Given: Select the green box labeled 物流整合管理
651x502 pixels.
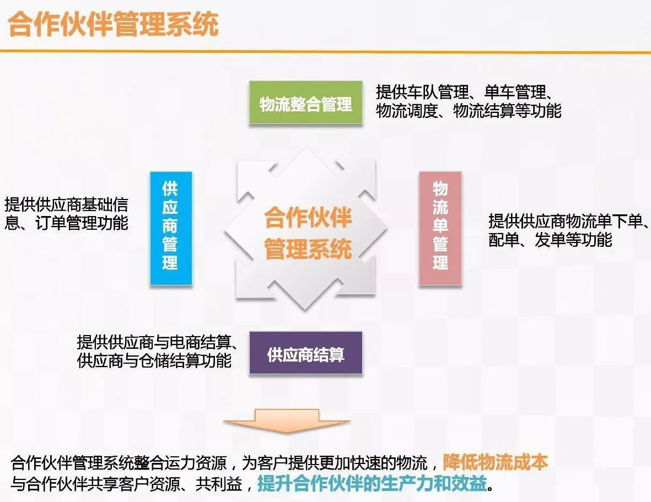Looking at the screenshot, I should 305,104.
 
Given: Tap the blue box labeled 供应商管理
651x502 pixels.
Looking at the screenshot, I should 171,228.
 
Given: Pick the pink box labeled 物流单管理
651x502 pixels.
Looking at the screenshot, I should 440,228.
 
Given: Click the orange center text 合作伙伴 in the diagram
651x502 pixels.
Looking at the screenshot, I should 308,218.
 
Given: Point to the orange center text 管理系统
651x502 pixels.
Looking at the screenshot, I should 308,249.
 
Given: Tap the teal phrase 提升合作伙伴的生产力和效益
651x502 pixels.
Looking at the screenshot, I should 372,484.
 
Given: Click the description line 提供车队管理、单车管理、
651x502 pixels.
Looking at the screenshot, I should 465,91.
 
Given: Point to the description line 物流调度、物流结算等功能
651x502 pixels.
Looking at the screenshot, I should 469,111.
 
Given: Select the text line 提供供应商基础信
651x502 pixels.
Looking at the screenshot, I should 66,205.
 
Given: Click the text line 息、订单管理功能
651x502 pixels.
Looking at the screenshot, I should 66,223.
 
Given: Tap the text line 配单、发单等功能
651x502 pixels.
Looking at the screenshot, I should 550,240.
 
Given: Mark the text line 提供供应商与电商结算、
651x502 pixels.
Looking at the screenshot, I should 158,342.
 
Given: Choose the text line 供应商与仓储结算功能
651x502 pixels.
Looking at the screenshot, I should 154,361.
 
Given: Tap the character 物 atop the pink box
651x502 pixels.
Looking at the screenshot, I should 440,189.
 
